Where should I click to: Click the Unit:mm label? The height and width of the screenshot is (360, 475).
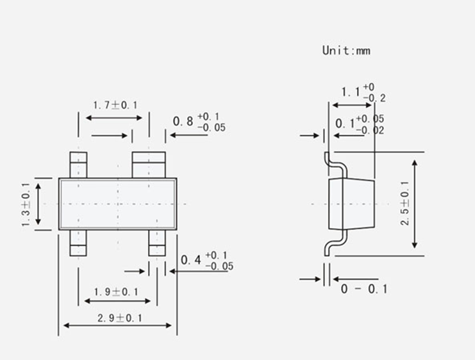click(346, 50)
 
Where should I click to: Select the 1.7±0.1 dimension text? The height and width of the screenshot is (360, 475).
click(115, 104)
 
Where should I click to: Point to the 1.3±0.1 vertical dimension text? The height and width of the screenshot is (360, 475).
click(26, 204)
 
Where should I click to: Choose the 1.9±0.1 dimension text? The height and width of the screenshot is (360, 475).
click(116, 291)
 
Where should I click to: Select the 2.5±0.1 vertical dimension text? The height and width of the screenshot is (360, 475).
click(404, 204)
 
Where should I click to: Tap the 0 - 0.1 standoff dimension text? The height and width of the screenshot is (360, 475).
click(364, 289)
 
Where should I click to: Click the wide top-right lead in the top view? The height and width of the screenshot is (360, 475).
click(149, 165)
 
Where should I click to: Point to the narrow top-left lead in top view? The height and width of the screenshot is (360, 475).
click(78, 165)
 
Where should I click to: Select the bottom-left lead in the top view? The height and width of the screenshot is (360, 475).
click(78, 242)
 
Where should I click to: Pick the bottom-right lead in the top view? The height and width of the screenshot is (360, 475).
click(156, 242)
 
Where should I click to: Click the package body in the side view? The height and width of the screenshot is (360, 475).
click(351, 204)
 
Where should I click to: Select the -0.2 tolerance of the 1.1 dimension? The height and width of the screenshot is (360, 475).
click(374, 98)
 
